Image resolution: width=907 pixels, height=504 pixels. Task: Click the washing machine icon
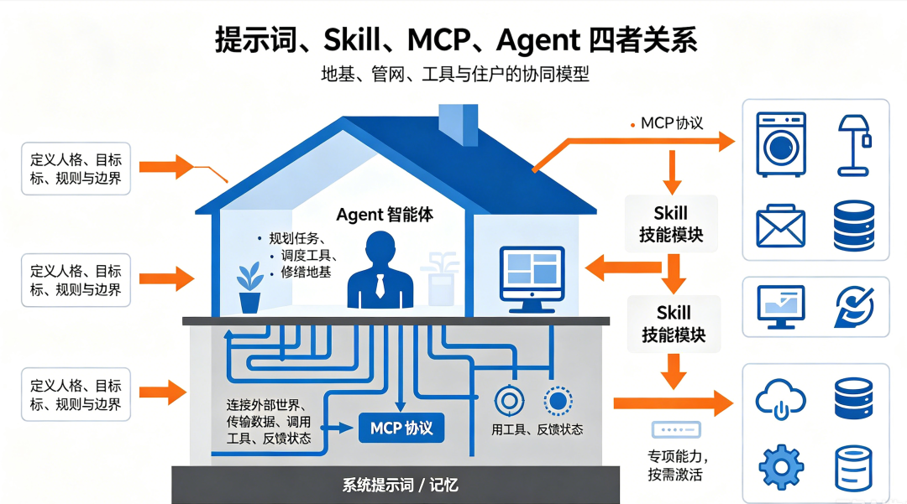coord(781,144)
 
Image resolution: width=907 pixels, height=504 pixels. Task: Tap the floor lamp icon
coord(854,145)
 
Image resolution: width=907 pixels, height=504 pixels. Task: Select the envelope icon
coord(780,226)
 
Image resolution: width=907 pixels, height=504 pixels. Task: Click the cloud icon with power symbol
coord(780,398)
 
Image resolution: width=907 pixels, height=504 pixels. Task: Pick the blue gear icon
coord(781,466)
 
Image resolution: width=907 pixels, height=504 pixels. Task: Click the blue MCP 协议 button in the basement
coord(401,428)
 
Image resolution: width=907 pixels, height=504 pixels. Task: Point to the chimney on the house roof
coord(459,124)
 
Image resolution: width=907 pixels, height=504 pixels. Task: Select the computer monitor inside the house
coord(532,279)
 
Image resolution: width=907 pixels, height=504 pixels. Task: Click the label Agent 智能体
coord(385,215)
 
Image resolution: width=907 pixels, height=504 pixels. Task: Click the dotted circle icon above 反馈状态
coord(558,401)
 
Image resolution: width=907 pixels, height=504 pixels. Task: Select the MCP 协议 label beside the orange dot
coord(672,123)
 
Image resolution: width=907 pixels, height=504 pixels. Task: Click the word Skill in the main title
coord(352,40)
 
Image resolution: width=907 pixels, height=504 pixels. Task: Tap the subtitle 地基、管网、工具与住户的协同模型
coord(454,75)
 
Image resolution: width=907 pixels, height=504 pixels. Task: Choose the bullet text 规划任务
coord(296,238)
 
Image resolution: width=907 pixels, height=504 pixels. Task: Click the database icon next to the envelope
coord(854,226)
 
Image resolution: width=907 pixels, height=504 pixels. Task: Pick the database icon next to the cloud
coord(854,398)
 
